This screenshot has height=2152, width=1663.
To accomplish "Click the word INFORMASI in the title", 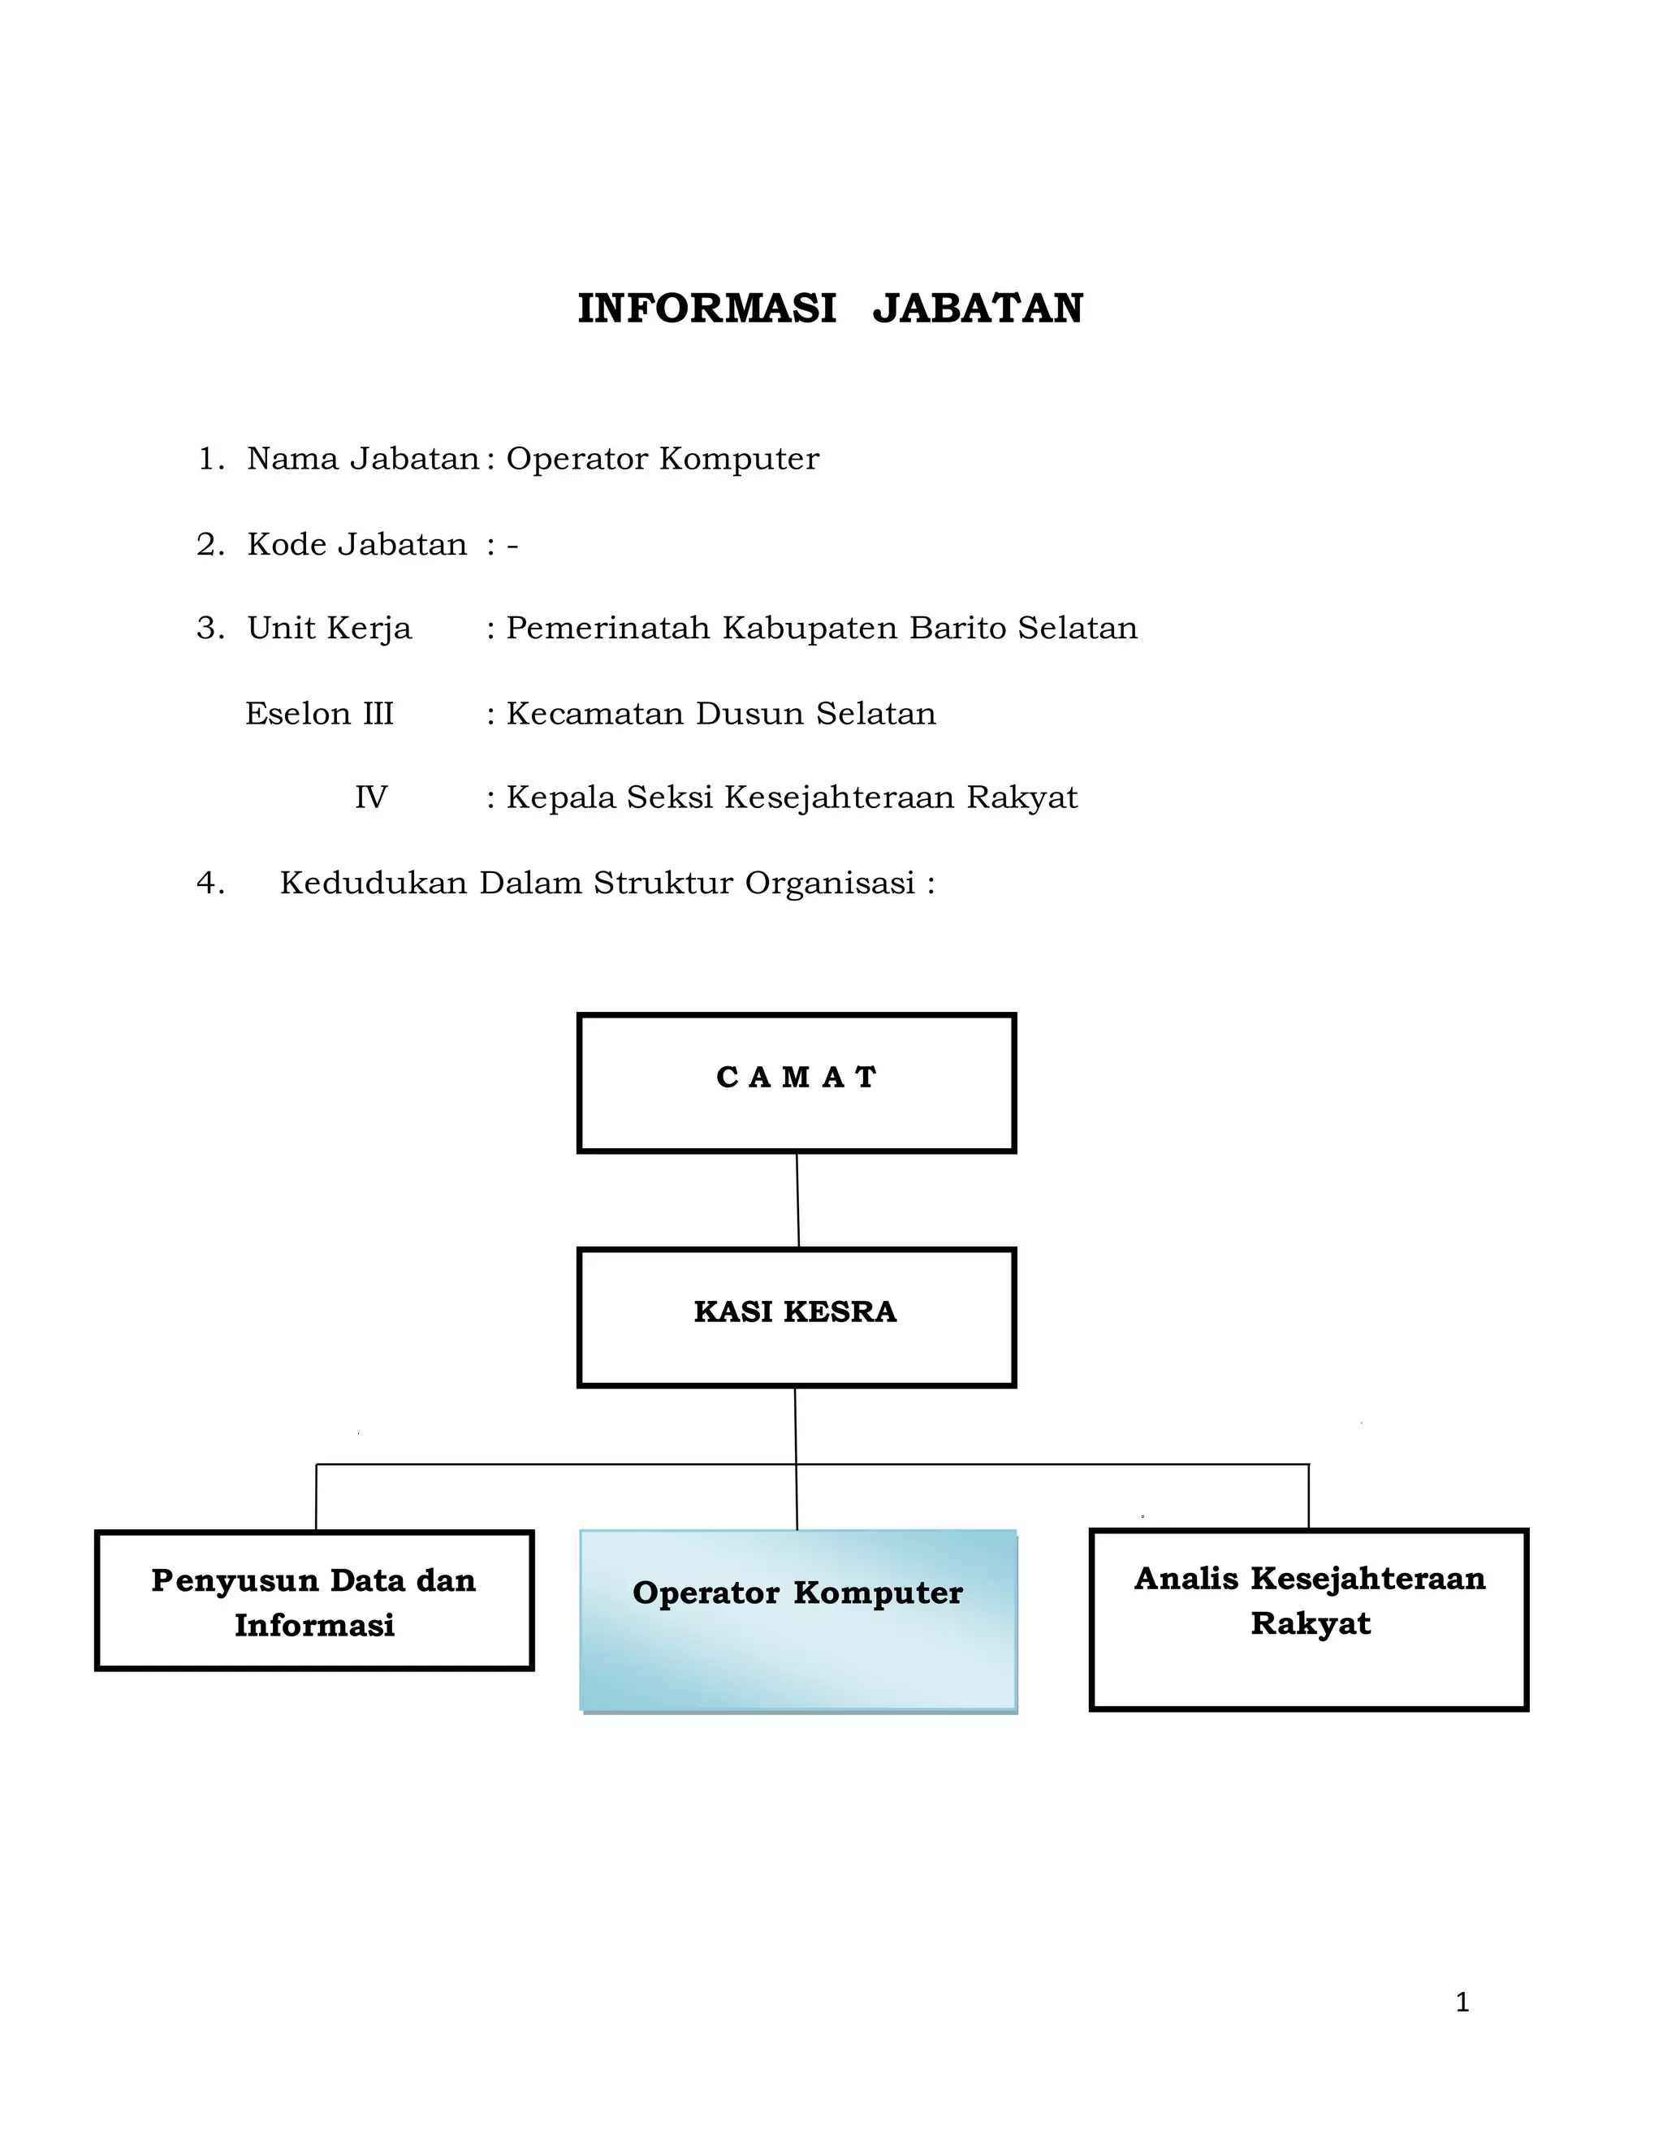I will (x=706, y=309).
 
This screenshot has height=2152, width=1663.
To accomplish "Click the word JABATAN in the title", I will (x=978, y=309).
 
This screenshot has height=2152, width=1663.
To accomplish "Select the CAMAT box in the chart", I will (x=796, y=1082).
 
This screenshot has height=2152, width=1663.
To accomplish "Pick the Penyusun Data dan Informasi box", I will (x=314, y=1601).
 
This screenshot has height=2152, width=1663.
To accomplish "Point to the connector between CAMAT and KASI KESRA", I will (x=798, y=1200).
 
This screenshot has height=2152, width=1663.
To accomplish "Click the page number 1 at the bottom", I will (x=1462, y=2003).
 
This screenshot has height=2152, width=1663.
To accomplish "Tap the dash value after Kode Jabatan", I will (x=512, y=545).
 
